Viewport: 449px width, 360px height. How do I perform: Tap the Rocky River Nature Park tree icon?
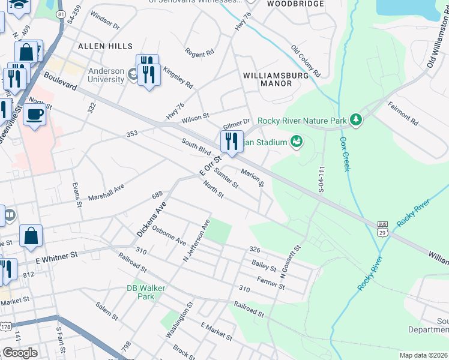(357, 120)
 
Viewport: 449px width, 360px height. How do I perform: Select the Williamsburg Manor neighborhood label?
(276, 80)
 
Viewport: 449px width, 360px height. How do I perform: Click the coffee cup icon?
(35, 114)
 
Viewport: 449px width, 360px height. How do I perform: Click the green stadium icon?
(295, 142)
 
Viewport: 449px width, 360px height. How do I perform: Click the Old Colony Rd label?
(306, 61)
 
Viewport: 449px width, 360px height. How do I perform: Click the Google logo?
(20, 353)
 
